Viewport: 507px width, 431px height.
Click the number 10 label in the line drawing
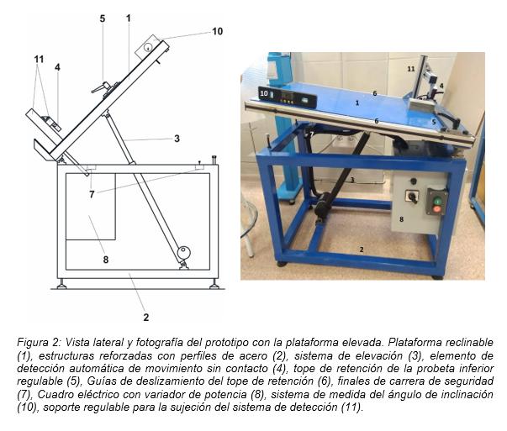(217, 31)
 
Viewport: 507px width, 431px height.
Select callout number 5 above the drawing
(103, 18)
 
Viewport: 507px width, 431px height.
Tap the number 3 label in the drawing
(177, 139)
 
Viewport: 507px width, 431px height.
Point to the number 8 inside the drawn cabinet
(105, 260)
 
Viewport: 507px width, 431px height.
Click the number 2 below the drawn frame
(145, 318)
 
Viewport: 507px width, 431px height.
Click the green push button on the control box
(436, 202)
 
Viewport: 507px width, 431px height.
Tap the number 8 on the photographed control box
(401, 219)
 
